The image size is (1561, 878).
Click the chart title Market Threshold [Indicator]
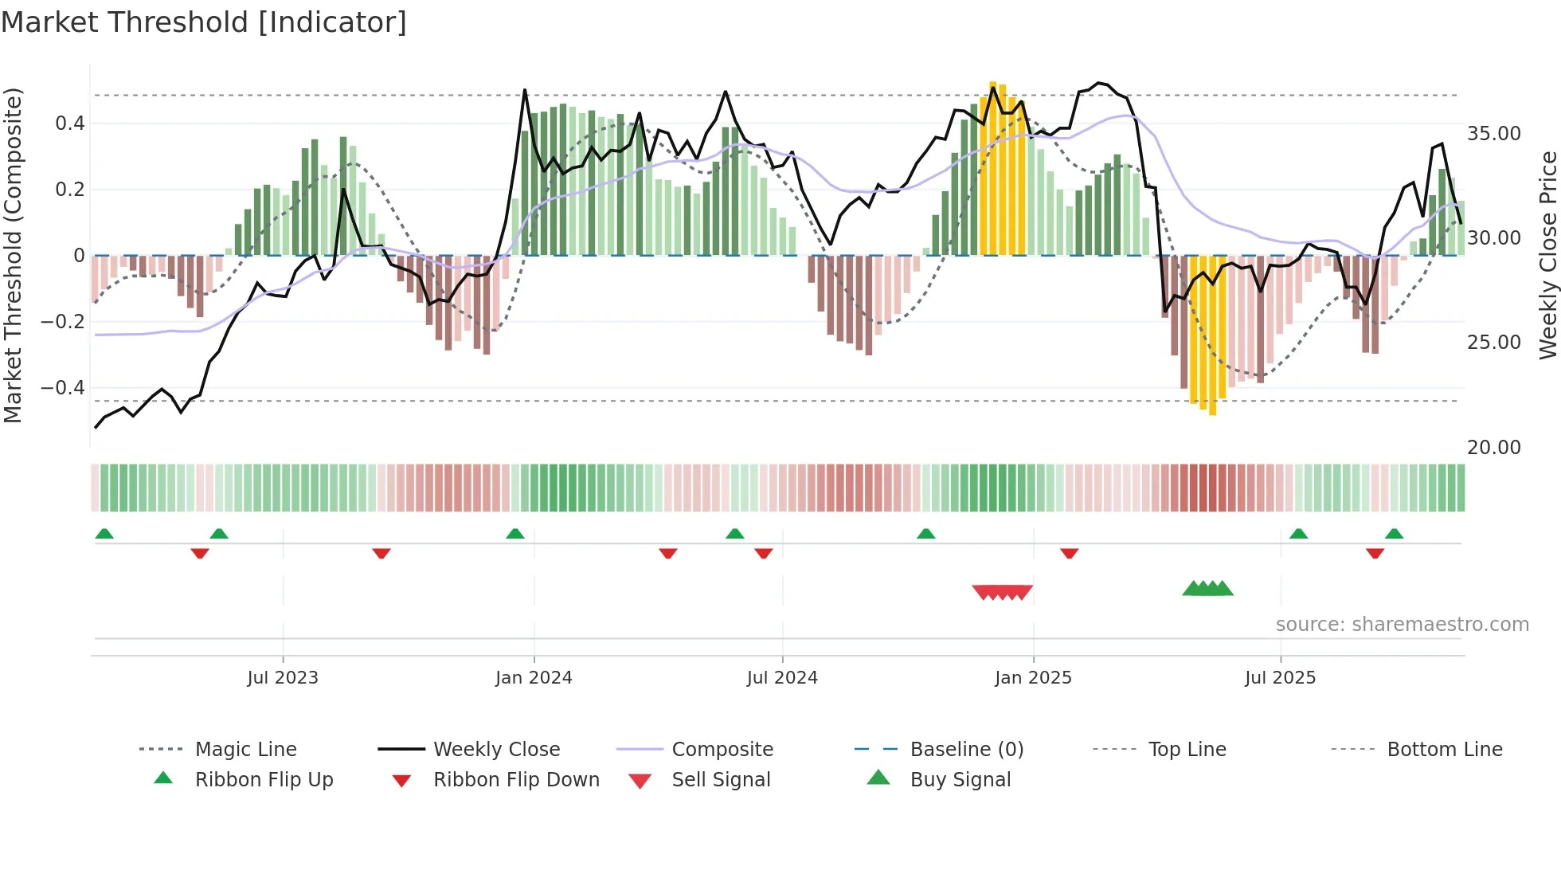(x=204, y=22)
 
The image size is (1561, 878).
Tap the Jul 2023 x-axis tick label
(x=282, y=678)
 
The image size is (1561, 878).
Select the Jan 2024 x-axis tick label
(x=534, y=678)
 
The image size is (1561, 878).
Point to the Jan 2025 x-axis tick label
(x=1033, y=678)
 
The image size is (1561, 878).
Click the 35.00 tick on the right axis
(x=1493, y=134)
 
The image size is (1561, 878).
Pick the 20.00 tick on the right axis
(x=1493, y=448)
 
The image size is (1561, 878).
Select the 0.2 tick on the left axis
(x=69, y=190)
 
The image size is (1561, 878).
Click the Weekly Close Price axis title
(x=1547, y=255)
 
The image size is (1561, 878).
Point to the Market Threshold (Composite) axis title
(x=13, y=255)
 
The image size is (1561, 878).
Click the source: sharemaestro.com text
(x=1402, y=625)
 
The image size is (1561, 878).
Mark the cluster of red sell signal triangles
(x=1002, y=592)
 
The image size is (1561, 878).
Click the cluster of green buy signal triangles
(x=1207, y=589)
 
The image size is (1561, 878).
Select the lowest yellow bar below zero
(x=1212, y=335)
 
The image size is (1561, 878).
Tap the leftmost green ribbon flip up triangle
(x=104, y=534)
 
